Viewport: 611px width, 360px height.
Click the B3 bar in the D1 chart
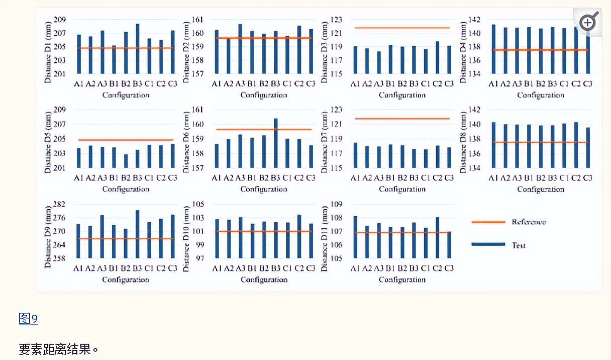[138, 49]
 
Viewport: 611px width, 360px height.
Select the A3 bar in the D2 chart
[240, 49]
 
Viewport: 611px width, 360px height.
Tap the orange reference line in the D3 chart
[401, 28]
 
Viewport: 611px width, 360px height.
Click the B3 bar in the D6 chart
[276, 143]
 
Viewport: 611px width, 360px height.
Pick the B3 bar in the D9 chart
[138, 234]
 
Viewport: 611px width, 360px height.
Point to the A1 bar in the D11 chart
[355, 237]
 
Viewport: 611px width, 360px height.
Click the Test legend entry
[519, 245]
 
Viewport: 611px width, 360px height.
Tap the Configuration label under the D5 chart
[126, 189]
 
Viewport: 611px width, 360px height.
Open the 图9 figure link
[28, 318]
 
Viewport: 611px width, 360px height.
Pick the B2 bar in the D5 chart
[126, 161]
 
